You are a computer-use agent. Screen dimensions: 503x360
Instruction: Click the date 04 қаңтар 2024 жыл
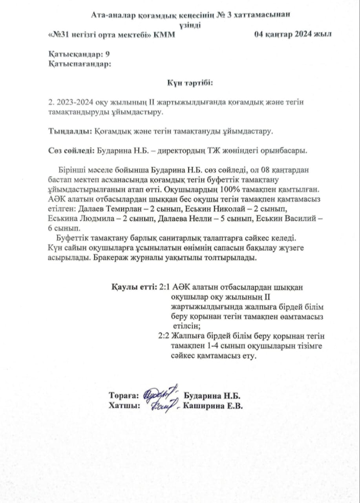pyautogui.click(x=292, y=34)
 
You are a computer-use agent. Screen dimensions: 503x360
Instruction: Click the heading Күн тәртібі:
pyautogui.click(x=190, y=83)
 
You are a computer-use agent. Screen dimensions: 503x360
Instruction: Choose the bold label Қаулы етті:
pyautogui.click(x=134, y=287)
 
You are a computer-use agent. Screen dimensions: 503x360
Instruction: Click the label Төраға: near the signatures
pyautogui.click(x=124, y=396)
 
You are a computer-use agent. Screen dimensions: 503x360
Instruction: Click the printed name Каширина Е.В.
pyautogui.click(x=212, y=406)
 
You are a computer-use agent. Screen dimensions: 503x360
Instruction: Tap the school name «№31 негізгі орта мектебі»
pyautogui.click(x=100, y=35)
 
